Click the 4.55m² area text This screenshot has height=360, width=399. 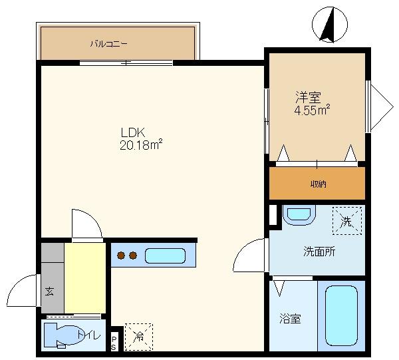313,110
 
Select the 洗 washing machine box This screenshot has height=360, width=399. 346,220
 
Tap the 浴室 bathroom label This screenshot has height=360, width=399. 289,319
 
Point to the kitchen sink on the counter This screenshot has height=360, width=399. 165,255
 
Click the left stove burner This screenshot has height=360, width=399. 122,255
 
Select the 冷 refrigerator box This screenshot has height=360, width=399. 138,337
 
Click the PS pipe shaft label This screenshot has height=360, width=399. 114,343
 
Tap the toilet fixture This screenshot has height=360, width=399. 64,335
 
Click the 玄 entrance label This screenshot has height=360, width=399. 51,291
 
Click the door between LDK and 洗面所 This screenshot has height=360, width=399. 251,256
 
